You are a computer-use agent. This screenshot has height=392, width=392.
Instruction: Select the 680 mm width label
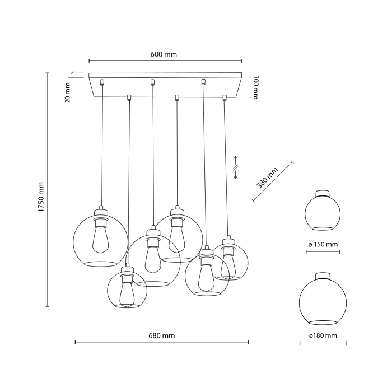[162, 335]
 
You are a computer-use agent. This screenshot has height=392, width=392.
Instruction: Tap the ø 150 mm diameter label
[323, 245]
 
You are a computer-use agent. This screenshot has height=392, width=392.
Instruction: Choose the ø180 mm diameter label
[323, 335]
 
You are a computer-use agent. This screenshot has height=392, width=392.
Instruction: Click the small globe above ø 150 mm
[322, 213]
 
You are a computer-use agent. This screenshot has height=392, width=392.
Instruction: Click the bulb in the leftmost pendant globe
[101, 238]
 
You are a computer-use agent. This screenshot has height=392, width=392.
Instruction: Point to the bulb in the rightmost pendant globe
[227, 263]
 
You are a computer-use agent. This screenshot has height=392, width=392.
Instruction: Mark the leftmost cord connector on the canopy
[102, 82]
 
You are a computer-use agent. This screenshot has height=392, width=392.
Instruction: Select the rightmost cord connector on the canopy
[225, 98]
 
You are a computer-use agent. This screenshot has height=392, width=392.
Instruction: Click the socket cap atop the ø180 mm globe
[322, 275]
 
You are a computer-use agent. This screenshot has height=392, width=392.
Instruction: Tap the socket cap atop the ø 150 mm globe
[322, 194]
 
